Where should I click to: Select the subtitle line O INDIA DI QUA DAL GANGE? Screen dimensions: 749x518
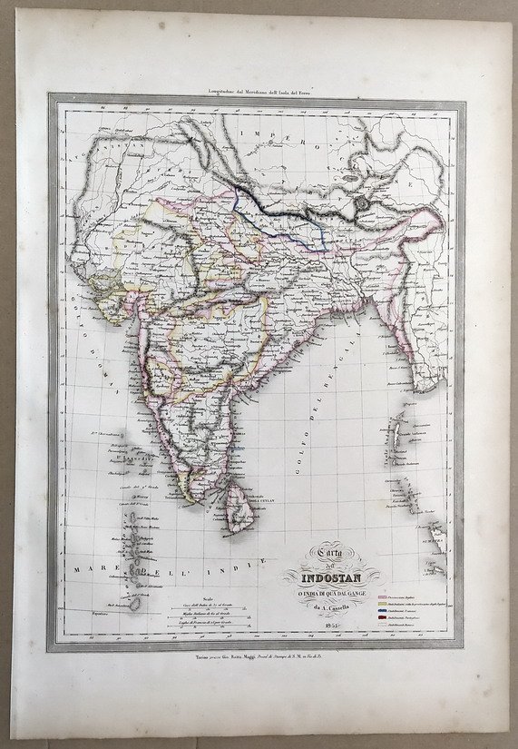(x=328, y=595)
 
